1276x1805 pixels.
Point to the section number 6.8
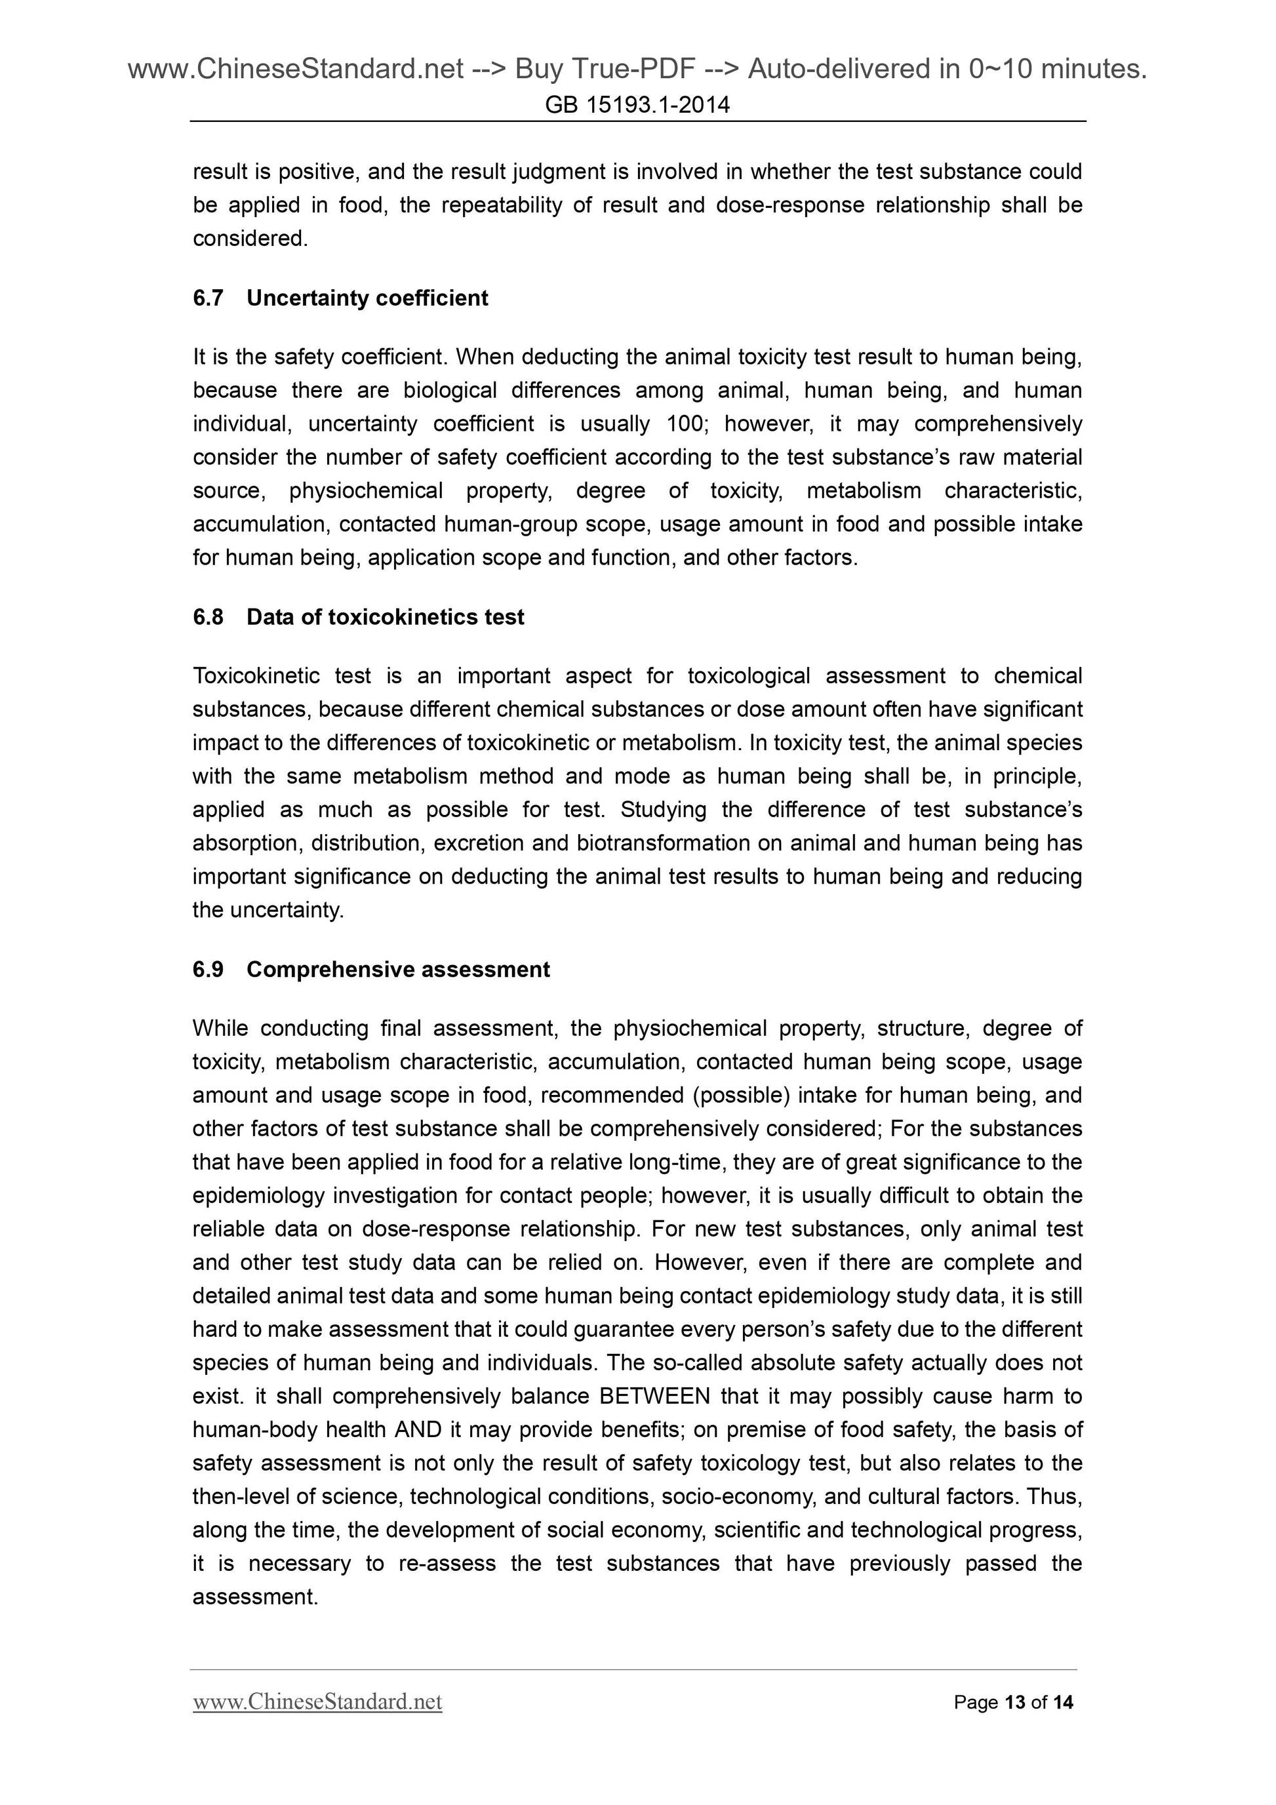(209, 617)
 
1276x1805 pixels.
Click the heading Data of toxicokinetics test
(386, 617)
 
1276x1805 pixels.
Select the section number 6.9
(209, 969)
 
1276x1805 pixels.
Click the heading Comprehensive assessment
(398, 969)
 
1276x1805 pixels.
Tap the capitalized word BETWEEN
(654, 1396)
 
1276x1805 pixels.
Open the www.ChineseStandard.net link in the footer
(317, 1702)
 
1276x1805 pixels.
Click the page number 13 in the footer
(1015, 1703)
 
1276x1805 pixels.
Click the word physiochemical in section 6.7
(367, 490)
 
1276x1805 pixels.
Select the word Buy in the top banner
(538, 70)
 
